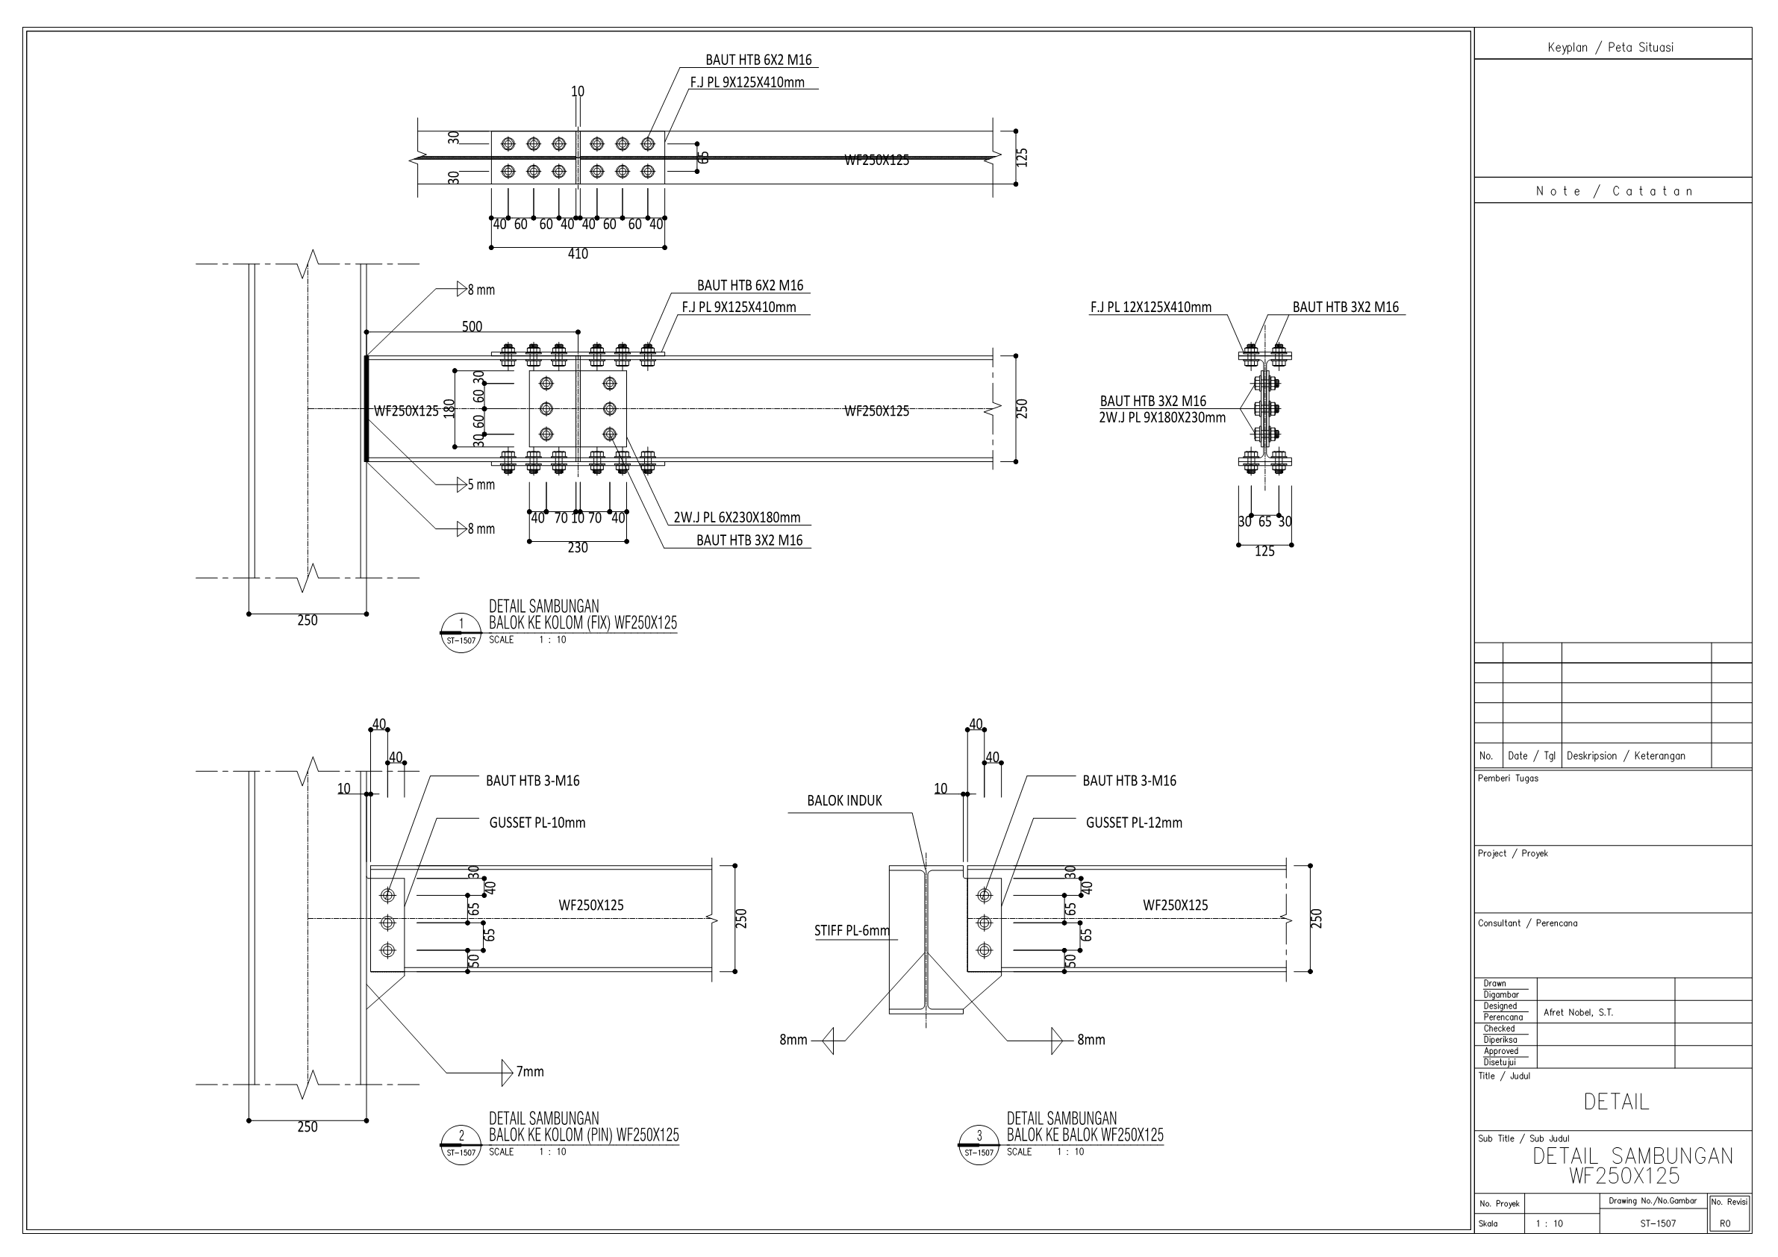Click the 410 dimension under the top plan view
tap(578, 254)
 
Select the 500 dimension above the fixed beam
tap(472, 327)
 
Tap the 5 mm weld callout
tap(480, 485)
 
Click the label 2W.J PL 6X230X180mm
tap(737, 518)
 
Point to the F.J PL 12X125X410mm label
tap(1151, 308)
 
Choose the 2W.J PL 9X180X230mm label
tap(1162, 418)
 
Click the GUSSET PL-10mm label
tap(537, 823)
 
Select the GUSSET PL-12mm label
tap(1134, 823)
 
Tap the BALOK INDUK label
tap(844, 801)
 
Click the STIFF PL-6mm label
tap(852, 931)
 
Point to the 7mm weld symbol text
tap(530, 1072)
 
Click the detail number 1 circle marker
tap(461, 632)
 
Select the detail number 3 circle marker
tap(979, 1144)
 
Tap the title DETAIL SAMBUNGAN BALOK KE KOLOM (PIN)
tap(583, 1127)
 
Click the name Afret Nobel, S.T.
tap(1578, 1012)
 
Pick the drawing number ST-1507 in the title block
tap(1657, 1224)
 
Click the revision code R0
tap(1724, 1224)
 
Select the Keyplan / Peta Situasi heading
tap(1610, 48)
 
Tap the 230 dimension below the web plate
tap(578, 549)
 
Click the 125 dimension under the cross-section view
tap(1264, 552)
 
